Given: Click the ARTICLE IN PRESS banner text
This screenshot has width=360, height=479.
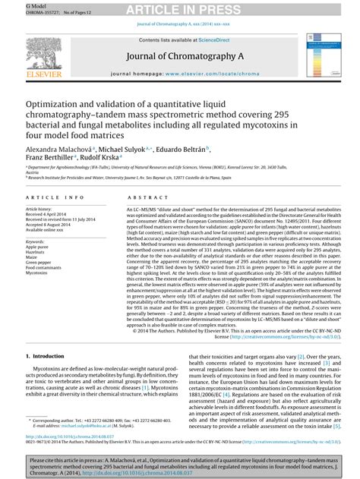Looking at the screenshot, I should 180,9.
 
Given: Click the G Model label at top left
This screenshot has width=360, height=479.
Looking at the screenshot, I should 14,4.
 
